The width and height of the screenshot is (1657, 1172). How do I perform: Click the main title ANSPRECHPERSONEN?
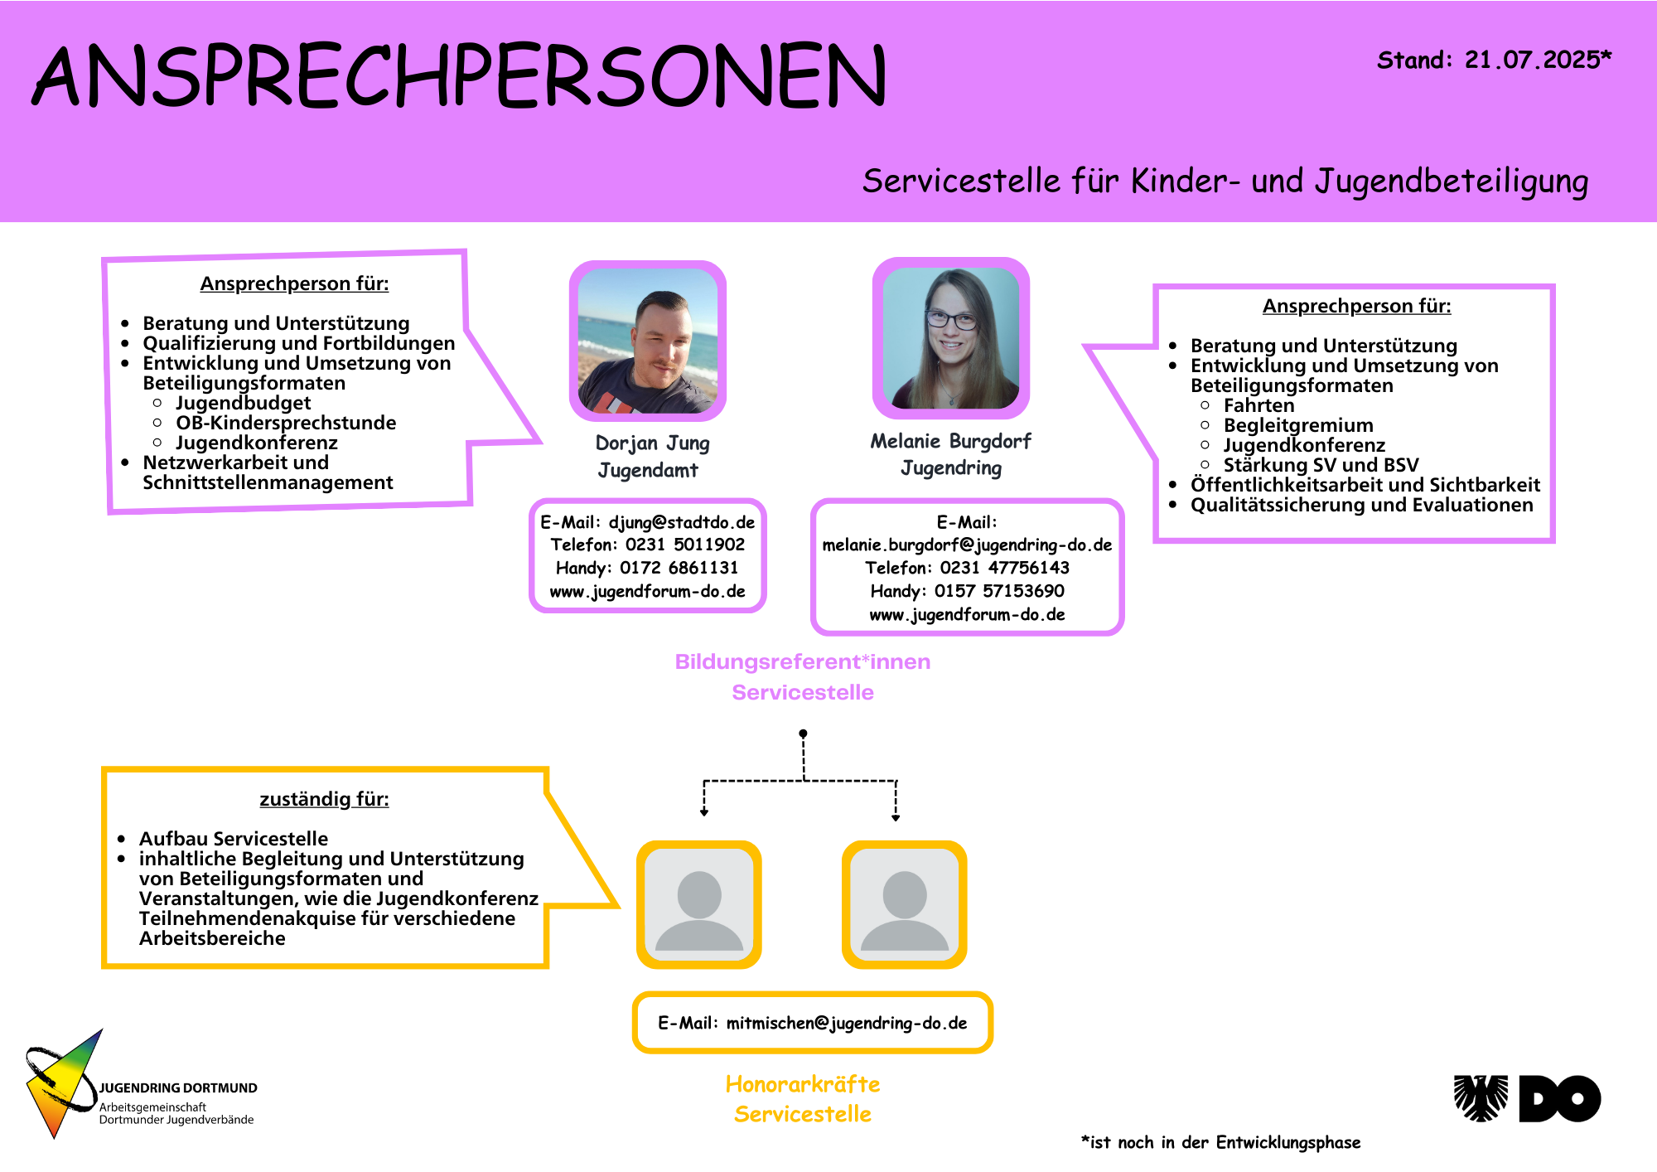tap(460, 76)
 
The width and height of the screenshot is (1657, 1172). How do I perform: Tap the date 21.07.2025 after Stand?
tap(1533, 60)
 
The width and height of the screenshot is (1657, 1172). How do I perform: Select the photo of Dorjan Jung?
tap(647, 341)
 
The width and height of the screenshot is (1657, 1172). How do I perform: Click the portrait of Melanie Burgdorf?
tap(950, 338)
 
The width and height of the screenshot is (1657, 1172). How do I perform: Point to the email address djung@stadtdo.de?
tap(682, 522)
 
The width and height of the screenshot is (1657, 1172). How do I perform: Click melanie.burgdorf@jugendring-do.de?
tap(967, 545)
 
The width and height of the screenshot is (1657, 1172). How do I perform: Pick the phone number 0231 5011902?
tap(684, 545)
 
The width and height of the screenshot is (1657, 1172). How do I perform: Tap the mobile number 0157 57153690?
tap(999, 591)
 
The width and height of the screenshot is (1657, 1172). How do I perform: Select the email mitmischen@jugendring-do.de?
tap(846, 1023)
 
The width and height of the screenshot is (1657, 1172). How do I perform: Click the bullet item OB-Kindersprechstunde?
tap(286, 423)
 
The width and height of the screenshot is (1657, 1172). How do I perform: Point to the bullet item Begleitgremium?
tap(1298, 425)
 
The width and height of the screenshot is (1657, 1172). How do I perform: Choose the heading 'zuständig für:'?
tap(324, 799)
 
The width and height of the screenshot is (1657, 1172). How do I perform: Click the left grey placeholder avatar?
tap(699, 905)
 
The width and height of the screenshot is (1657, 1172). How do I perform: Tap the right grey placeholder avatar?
tap(904, 905)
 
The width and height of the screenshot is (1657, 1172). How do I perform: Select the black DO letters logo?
tap(1560, 1098)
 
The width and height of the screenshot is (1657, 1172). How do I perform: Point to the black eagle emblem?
tap(1481, 1098)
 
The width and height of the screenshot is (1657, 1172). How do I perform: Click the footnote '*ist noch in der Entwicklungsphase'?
tap(1220, 1142)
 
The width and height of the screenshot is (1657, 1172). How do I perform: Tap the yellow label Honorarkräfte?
tap(802, 1084)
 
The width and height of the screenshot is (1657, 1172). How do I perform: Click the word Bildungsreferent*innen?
tap(802, 661)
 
